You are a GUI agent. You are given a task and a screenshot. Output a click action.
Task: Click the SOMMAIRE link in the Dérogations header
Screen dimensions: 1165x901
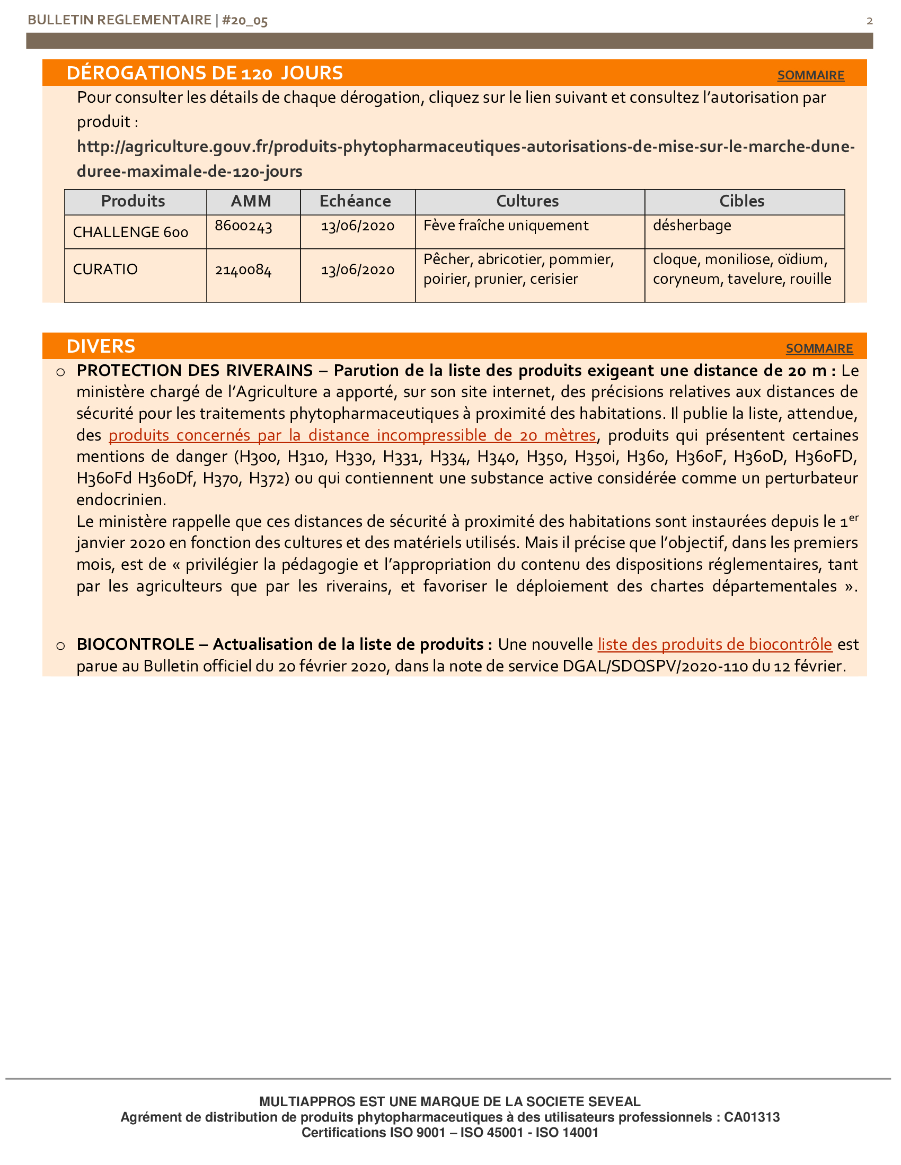810,75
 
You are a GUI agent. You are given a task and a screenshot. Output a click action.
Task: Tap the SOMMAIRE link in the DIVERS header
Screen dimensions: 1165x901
819,348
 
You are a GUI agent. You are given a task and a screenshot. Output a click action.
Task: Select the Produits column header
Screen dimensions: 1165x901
133,201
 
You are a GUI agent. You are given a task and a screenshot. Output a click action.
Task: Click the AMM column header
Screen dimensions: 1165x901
251,201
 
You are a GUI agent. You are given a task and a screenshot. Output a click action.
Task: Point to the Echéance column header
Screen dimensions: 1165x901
355,201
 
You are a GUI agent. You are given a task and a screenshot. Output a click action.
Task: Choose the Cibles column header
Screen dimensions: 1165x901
741,201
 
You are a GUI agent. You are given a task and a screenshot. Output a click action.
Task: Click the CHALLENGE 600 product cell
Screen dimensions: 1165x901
130,232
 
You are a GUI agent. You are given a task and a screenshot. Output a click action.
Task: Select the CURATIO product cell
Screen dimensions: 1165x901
105,270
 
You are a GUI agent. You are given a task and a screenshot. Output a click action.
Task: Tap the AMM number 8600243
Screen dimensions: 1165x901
243,226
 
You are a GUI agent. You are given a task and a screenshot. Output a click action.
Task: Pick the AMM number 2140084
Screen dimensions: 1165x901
243,270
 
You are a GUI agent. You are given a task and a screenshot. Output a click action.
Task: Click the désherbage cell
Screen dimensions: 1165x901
692,226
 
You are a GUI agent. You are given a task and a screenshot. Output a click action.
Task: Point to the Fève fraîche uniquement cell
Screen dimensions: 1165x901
506,226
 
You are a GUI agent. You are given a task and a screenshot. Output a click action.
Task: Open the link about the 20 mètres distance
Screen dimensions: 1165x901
352,435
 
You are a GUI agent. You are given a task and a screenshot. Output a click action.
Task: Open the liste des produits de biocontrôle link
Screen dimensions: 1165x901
715,644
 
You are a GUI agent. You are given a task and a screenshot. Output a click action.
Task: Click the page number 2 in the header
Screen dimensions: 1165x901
870,21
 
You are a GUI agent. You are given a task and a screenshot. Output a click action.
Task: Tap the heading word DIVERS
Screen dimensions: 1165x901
101,346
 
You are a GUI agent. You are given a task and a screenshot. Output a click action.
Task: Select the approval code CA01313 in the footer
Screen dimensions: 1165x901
752,1117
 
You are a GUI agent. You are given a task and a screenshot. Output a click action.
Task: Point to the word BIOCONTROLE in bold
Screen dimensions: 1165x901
135,644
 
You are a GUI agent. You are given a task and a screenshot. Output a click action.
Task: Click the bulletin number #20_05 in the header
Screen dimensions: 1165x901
244,20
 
